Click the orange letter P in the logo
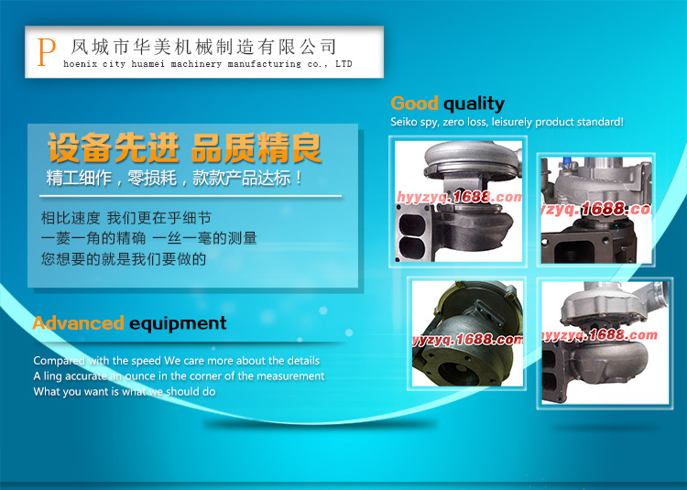click(46, 52)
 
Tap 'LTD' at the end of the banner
click(343, 63)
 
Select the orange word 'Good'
click(414, 103)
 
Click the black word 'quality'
click(474, 104)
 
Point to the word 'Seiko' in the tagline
click(404, 122)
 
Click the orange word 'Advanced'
click(78, 323)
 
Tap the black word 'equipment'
click(178, 324)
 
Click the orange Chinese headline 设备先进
click(114, 148)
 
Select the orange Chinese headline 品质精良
click(256, 148)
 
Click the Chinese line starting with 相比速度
click(126, 218)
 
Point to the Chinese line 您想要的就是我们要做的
click(124, 259)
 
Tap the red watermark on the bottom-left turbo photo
click(467, 340)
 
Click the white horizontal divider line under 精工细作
click(191, 196)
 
